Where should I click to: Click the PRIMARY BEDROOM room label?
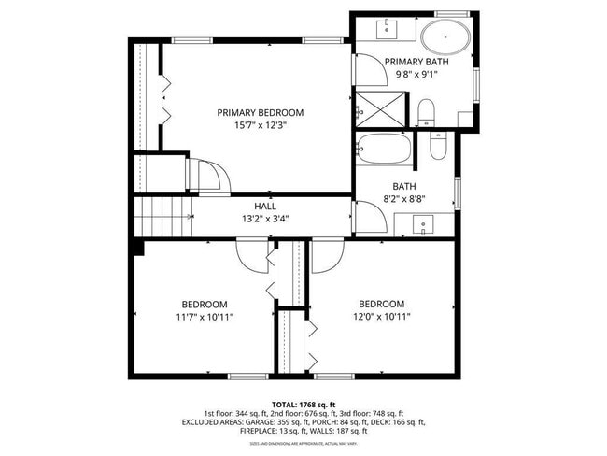point(260,113)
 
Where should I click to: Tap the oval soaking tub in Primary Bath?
point(445,38)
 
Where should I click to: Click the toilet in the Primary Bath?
point(426,112)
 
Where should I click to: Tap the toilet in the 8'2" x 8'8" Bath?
point(437,145)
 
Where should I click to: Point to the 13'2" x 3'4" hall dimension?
point(265,220)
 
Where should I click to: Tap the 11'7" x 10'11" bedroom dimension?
point(204,318)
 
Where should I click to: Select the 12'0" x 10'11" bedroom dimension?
point(381,317)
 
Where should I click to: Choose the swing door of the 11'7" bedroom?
point(253,255)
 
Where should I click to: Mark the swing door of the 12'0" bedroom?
point(327,255)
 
